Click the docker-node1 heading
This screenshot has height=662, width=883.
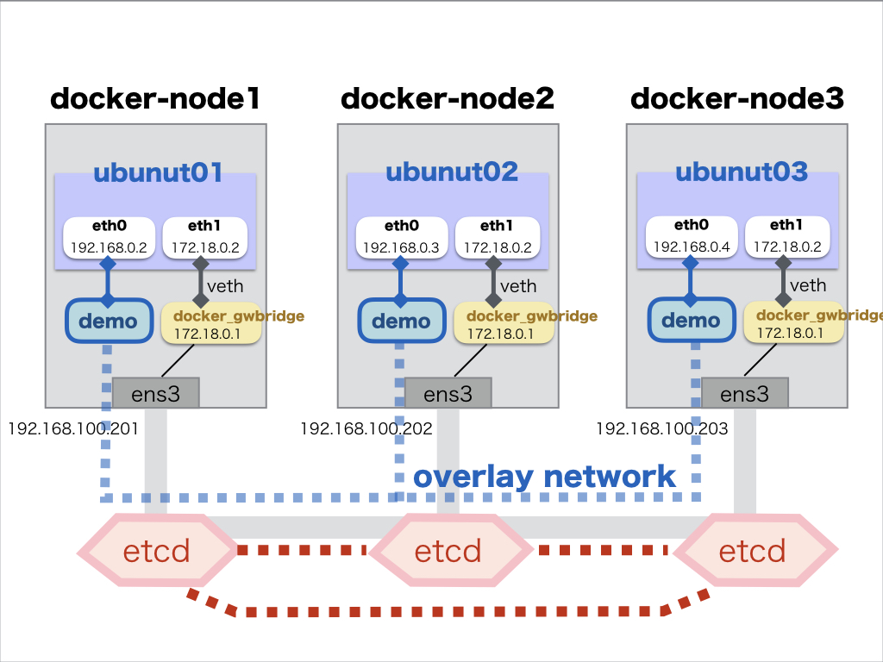click(155, 99)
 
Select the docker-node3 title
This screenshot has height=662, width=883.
click(737, 99)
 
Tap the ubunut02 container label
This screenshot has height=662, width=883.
click(452, 172)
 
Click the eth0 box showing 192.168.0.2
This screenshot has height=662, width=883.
click(110, 237)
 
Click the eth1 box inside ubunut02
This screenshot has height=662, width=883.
click(497, 237)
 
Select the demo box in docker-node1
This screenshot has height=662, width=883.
click(108, 322)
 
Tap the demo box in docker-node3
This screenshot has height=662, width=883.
click(691, 322)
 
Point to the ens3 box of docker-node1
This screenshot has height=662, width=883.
click(156, 394)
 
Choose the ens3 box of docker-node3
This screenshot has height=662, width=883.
click(744, 394)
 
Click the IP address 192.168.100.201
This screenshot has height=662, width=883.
click(74, 428)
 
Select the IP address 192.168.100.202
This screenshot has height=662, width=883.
click(366, 428)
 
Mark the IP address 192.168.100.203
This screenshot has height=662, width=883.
click(662, 428)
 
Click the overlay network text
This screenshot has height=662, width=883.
click(544, 477)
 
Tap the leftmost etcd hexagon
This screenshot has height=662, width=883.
click(156, 550)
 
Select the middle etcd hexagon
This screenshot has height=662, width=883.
click(448, 550)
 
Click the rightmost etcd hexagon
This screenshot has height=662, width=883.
click(753, 550)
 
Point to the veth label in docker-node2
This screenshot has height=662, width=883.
click(517, 286)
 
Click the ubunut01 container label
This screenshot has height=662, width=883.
click(158, 173)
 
